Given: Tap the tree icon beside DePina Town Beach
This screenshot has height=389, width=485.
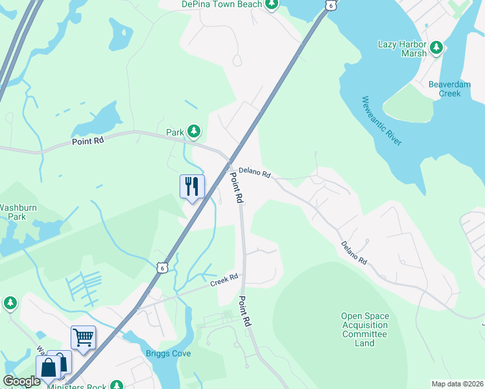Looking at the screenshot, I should click(x=272, y=5).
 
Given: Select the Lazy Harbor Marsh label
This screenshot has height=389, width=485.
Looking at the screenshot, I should click(x=402, y=49).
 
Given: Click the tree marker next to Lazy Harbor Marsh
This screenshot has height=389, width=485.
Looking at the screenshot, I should click(x=437, y=47).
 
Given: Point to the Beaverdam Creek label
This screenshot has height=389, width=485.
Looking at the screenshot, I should click(x=444, y=89).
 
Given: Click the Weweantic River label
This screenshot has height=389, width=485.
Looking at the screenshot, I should click(x=382, y=121).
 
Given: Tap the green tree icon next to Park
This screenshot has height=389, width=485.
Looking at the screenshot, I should click(x=193, y=132).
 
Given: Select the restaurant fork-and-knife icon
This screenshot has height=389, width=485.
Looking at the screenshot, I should click(x=191, y=187).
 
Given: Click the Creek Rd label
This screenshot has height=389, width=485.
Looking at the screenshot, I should click(x=224, y=281).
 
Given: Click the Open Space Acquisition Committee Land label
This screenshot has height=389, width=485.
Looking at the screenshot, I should click(x=365, y=329).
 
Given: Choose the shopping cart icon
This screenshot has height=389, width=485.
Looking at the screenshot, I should click(x=83, y=337).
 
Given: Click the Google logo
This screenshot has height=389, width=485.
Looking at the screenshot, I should click(x=21, y=381).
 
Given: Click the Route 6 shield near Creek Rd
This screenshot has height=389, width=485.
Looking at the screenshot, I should click(x=162, y=267).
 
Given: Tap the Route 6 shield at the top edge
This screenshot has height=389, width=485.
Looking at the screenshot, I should click(x=331, y=5).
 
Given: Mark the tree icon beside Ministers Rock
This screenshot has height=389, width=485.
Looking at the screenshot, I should click(x=117, y=385).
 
